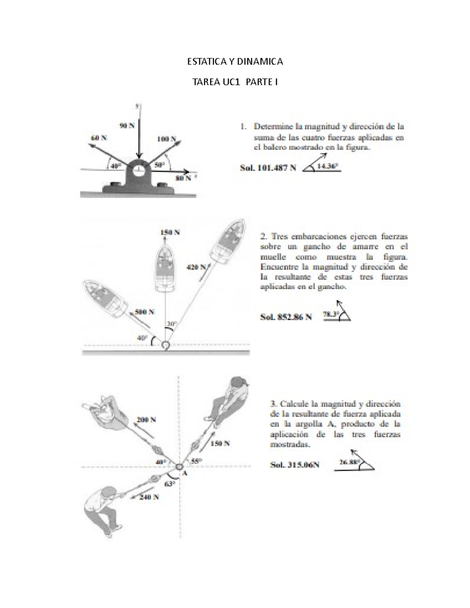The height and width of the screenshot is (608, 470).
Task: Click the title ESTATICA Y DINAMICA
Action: click(x=235, y=61)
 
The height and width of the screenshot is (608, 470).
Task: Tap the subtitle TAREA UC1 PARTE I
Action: click(x=235, y=82)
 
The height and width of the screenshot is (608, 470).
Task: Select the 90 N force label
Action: click(x=127, y=126)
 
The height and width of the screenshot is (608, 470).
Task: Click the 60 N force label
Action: click(x=99, y=138)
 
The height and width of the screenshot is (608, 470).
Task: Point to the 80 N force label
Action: click(x=183, y=178)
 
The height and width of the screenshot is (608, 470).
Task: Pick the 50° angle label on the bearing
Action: click(x=159, y=165)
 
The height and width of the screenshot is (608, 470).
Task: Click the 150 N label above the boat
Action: click(x=170, y=232)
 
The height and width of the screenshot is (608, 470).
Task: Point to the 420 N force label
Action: click(x=196, y=267)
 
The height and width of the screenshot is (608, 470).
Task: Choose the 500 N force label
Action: click(x=145, y=312)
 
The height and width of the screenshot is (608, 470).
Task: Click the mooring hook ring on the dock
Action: click(x=165, y=345)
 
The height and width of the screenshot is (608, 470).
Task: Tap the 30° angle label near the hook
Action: click(x=172, y=324)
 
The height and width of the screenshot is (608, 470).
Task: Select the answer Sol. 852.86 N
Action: click(x=286, y=317)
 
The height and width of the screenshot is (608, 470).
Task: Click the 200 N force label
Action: click(x=146, y=420)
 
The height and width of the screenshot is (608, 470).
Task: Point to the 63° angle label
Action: click(x=169, y=484)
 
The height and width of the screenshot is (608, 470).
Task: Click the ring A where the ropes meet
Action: click(x=179, y=467)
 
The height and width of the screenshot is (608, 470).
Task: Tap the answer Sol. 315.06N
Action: click(x=295, y=465)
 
